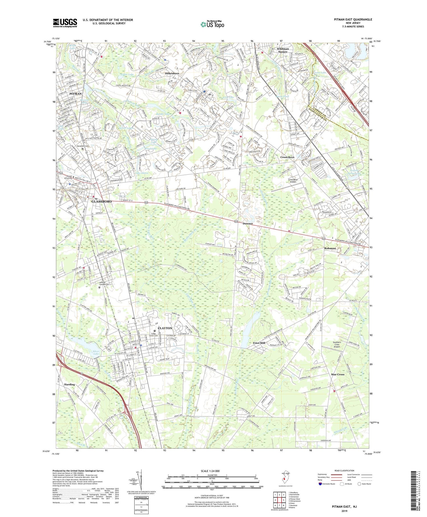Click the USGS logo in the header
click(65, 23)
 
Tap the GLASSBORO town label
click(101, 201)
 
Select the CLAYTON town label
click(165, 328)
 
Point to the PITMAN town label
click(75, 94)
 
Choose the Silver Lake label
click(96, 353)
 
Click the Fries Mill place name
click(259, 343)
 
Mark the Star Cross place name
click(338, 374)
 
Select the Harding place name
click(69, 384)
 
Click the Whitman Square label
click(283, 50)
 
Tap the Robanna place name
click(330, 248)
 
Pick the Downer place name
click(248, 224)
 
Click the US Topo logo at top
click(212, 25)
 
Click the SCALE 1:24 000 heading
click(212, 471)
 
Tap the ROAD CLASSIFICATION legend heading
click(344, 471)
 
